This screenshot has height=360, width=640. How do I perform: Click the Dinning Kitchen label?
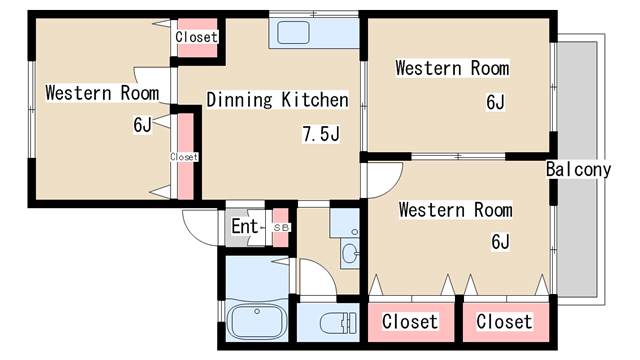tap(278, 100)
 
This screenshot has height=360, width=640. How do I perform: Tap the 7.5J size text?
tap(321, 134)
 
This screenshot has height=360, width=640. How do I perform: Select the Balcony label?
tap(579, 169)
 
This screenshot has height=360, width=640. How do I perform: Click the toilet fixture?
tap(338, 322)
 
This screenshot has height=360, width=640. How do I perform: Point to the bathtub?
tap(256, 321)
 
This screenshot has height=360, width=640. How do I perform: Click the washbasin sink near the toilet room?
tap(350, 253)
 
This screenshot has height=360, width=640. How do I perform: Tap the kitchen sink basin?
tap(293, 33)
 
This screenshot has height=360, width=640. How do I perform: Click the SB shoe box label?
tap(281, 228)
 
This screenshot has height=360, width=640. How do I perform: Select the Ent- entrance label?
tap(246, 227)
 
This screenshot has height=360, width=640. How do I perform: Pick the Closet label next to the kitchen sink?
tap(197, 37)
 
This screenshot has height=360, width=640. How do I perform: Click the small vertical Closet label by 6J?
tap(184, 157)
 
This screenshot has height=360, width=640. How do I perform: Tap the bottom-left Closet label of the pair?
tap(410, 322)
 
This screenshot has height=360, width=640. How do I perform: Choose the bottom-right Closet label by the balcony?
tap(504, 322)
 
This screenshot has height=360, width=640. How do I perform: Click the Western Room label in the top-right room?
tap(452, 68)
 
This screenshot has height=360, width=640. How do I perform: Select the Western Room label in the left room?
tap(102, 93)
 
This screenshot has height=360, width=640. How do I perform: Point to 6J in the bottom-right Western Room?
tap(500, 242)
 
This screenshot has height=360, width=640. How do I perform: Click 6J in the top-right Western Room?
tap(496, 102)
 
